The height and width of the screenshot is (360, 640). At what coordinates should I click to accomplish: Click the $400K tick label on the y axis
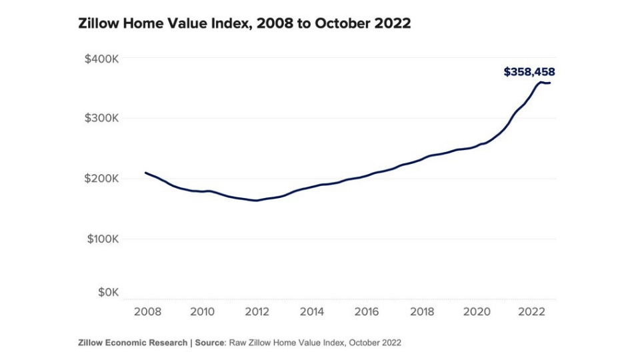[x=101, y=59]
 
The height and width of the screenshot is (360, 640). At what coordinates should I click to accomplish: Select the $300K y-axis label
[x=101, y=119]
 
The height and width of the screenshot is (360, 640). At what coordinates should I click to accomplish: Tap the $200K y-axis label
[x=101, y=179]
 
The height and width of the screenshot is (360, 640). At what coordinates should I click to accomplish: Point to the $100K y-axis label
[x=101, y=239]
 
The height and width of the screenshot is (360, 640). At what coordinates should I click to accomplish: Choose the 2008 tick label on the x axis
[x=147, y=311]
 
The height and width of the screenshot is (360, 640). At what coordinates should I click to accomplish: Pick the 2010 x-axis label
[x=202, y=311]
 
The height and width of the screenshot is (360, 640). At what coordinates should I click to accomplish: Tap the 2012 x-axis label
[x=257, y=311]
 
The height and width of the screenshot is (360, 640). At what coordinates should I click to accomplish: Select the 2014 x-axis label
[x=312, y=311]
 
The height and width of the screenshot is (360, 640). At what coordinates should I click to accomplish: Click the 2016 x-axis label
[x=367, y=311]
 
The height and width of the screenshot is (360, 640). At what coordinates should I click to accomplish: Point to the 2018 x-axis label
[x=423, y=311]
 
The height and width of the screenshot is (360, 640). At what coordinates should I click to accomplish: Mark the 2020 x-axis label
[x=477, y=311]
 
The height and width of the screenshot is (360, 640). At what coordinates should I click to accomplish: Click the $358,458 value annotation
[x=529, y=72]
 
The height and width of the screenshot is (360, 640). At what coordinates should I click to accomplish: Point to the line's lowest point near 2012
[x=256, y=200]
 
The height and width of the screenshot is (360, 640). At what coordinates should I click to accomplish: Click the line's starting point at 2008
[x=146, y=173]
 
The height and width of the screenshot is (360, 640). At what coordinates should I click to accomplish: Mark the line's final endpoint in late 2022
[x=550, y=83]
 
